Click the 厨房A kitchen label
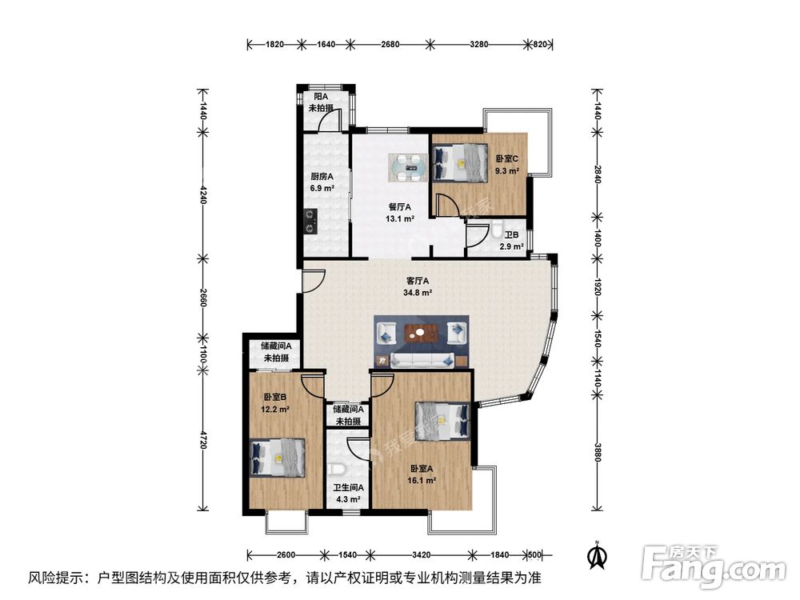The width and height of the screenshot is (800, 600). pyautogui.click(x=322, y=177)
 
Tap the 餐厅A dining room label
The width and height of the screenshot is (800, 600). pyautogui.click(x=399, y=207)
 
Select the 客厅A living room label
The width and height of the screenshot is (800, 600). pyautogui.click(x=418, y=281)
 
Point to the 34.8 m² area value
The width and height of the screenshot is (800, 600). pyautogui.click(x=418, y=293)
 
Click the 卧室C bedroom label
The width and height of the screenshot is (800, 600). pyautogui.click(x=506, y=158)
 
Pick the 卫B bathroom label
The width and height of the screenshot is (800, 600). pyautogui.click(x=512, y=235)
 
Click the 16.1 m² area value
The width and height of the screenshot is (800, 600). pyautogui.click(x=422, y=481)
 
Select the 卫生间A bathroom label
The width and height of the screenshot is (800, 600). pyautogui.click(x=349, y=488)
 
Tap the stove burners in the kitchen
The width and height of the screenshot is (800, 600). pyautogui.click(x=310, y=222)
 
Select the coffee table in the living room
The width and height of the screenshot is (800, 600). pyautogui.click(x=421, y=333)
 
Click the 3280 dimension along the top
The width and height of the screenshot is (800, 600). pyautogui.click(x=479, y=44)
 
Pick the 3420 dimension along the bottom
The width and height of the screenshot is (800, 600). pyautogui.click(x=422, y=554)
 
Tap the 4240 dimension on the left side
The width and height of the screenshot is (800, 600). pyautogui.click(x=203, y=194)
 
